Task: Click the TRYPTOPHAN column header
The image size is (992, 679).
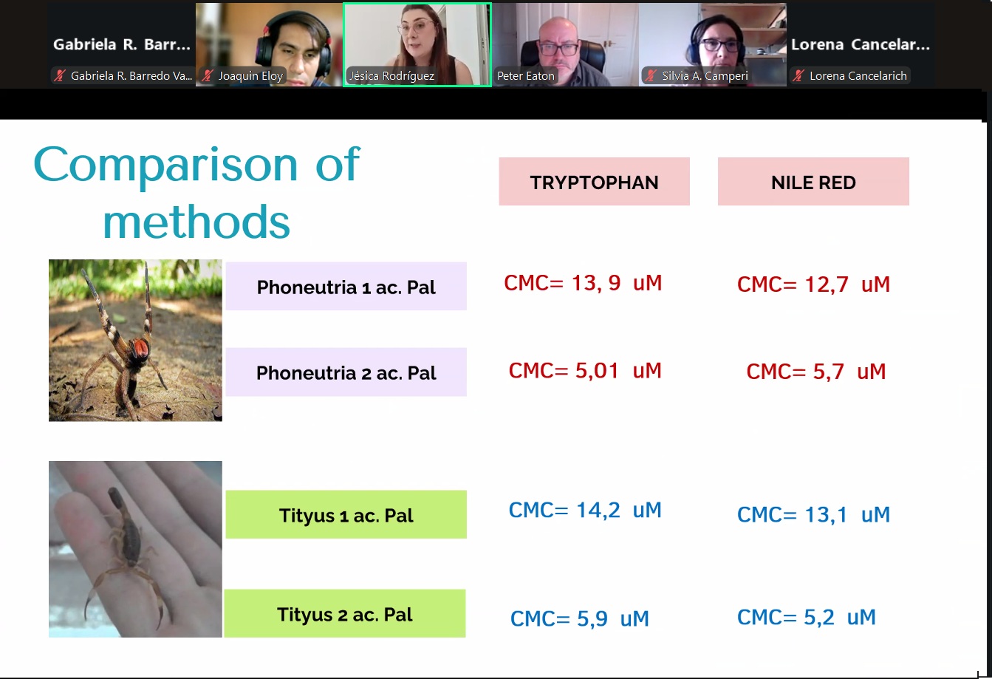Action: point(594,181)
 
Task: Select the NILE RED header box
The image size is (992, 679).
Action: point(813,181)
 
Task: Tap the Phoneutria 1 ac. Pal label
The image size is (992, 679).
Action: point(346,286)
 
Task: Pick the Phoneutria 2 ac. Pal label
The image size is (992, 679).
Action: point(346,372)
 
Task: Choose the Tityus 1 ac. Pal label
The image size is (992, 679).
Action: point(346,514)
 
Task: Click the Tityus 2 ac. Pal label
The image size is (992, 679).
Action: point(344,613)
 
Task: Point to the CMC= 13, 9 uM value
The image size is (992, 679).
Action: point(583,282)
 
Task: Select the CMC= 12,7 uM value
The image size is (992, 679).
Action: point(813,284)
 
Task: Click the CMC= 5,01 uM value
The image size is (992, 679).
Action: point(585,370)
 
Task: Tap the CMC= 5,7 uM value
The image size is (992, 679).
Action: point(815,371)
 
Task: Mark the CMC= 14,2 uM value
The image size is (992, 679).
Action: point(585,510)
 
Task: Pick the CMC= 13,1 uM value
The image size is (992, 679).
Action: point(813,515)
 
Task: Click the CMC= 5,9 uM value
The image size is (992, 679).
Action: point(579,618)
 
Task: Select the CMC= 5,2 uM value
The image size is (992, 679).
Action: point(807,617)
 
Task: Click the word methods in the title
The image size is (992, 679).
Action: point(196,222)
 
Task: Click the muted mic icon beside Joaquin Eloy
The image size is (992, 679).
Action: point(208,76)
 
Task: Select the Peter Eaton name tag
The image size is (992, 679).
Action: point(525,76)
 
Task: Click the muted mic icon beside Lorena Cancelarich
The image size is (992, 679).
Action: point(798,76)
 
